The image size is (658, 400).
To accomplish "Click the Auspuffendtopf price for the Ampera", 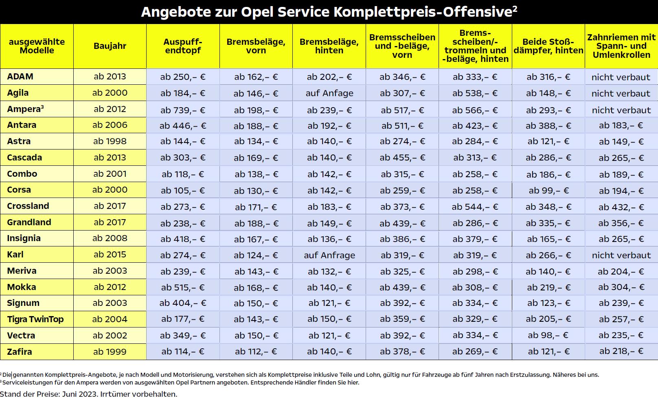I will (x=183, y=110).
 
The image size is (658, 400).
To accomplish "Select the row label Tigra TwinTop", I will (x=35, y=319).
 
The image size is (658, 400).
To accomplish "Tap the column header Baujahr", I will (x=110, y=46).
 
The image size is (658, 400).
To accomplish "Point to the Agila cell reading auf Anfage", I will (x=329, y=93).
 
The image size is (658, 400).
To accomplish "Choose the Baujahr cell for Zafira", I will (x=110, y=352).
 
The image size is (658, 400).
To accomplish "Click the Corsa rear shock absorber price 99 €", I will (x=548, y=190).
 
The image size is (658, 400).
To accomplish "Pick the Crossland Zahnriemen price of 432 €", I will (x=621, y=207).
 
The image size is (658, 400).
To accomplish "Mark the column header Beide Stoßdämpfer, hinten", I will (x=548, y=46).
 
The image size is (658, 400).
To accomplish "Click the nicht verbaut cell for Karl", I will (x=621, y=255).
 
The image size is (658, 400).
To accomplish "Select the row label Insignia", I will (x=24, y=238).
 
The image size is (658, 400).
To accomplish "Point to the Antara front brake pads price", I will (x=256, y=126).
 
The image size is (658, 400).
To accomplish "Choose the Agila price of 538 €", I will (x=475, y=93).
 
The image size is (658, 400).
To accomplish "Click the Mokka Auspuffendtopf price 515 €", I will (x=183, y=287).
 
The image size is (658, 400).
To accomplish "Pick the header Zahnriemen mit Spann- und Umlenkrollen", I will (x=621, y=46).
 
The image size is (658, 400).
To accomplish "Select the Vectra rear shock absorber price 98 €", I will (x=548, y=335).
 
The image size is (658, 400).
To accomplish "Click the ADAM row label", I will (x=20, y=77).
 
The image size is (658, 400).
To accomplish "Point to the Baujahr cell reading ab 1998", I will (x=110, y=141).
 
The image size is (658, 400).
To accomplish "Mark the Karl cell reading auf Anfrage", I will (x=329, y=255).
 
